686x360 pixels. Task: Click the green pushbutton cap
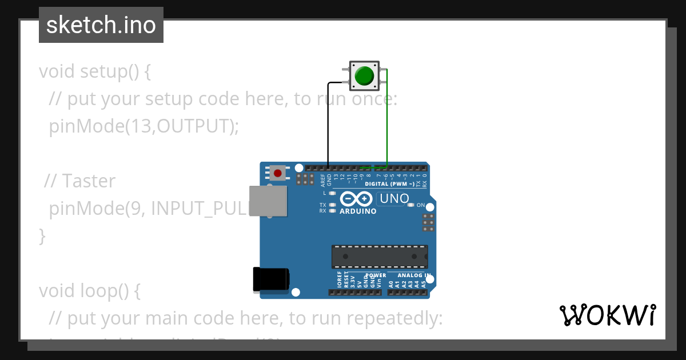[364, 75]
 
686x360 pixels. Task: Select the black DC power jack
[271, 280]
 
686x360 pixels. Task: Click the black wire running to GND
[328, 131]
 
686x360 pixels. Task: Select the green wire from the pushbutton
[387, 120]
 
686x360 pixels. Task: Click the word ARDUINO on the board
[358, 211]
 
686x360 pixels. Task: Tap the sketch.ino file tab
[101, 25]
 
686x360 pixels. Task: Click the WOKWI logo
[607, 315]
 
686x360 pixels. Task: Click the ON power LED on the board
[411, 205]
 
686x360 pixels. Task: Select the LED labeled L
[332, 193]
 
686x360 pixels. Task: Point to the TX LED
[332, 205]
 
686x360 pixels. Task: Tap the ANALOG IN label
[414, 275]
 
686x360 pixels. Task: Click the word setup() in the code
[109, 71]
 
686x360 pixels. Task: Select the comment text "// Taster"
[80, 181]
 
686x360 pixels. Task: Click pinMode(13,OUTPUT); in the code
[143, 126]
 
